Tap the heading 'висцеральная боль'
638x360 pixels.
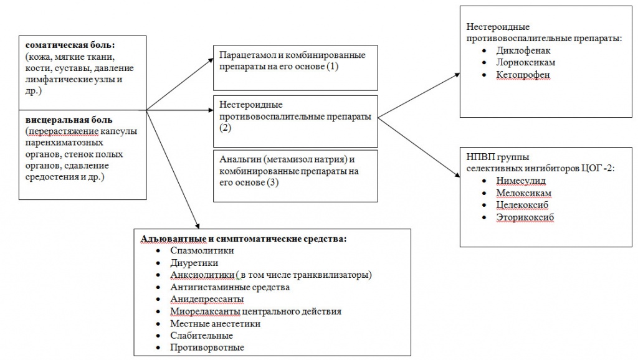(x=69, y=119)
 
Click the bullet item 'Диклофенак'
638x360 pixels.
(x=523, y=51)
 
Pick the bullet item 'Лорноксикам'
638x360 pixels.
(x=526, y=63)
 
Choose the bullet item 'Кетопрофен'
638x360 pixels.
(x=523, y=75)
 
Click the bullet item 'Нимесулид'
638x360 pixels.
(x=521, y=181)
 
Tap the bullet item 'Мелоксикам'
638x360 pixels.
(x=523, y=193)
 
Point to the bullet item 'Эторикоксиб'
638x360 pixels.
(x=525, y=217)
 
